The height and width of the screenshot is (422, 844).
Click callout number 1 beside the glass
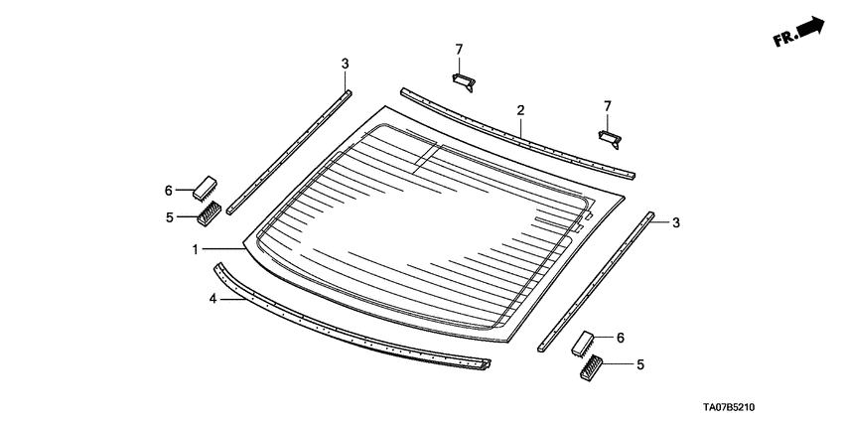click(196, 249)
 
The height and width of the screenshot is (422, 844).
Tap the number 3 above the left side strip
click(345, 65)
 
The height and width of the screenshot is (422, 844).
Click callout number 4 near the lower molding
click(212, 298)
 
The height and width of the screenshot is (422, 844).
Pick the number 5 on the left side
click(169, 216)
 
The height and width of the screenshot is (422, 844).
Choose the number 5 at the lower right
click(639, 364)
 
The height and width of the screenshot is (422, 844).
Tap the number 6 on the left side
click(169, 190)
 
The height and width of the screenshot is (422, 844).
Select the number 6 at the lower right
click(621, 338)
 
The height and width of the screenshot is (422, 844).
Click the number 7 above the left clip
click(459, 49)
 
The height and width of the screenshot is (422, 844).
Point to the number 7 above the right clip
click(608, 105)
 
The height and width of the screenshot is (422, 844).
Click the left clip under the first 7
click(464, 79)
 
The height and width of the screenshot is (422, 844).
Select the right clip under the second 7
click(611, 135)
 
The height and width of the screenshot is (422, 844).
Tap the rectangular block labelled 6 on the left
click(206, 187)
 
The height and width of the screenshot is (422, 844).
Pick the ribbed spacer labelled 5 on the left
click(210, 212)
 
